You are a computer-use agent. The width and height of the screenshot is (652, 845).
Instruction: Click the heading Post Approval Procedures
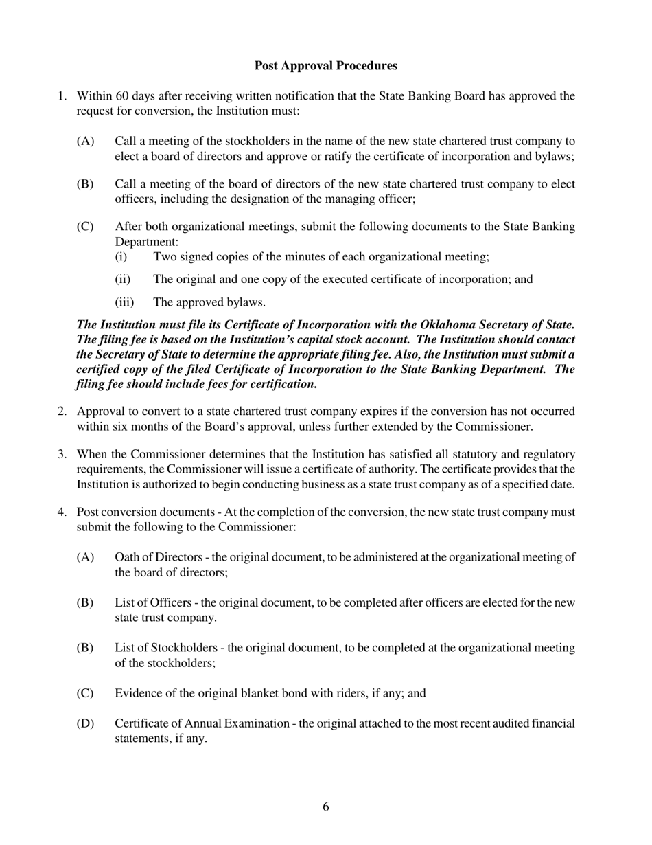pyautogui.click(x=325, y=66)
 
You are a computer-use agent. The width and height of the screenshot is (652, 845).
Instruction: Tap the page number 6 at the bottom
pyautogui.click(x=326, y=807)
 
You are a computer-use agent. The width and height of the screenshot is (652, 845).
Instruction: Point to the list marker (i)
pyautogui.click(x=121, y=257)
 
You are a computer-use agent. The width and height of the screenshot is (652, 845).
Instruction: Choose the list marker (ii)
pyautogui.click(x=122, y=280)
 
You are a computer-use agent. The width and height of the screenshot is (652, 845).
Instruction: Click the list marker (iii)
pyautogui.click(x=124, y=302)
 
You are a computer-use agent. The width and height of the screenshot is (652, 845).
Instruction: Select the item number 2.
pyautogui.click(x=62, y=412)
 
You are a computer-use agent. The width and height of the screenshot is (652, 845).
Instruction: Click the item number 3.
pyautogui.click(x=62, y=455)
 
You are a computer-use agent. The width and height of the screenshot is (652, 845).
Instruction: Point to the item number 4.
pyautogui.click(x=62, y=512)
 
